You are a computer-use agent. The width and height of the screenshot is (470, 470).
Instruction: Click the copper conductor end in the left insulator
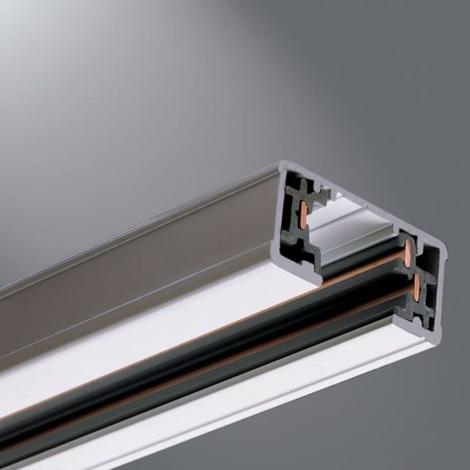pos(304,215)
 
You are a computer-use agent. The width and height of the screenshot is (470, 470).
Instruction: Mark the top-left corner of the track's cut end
pos(280,165)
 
